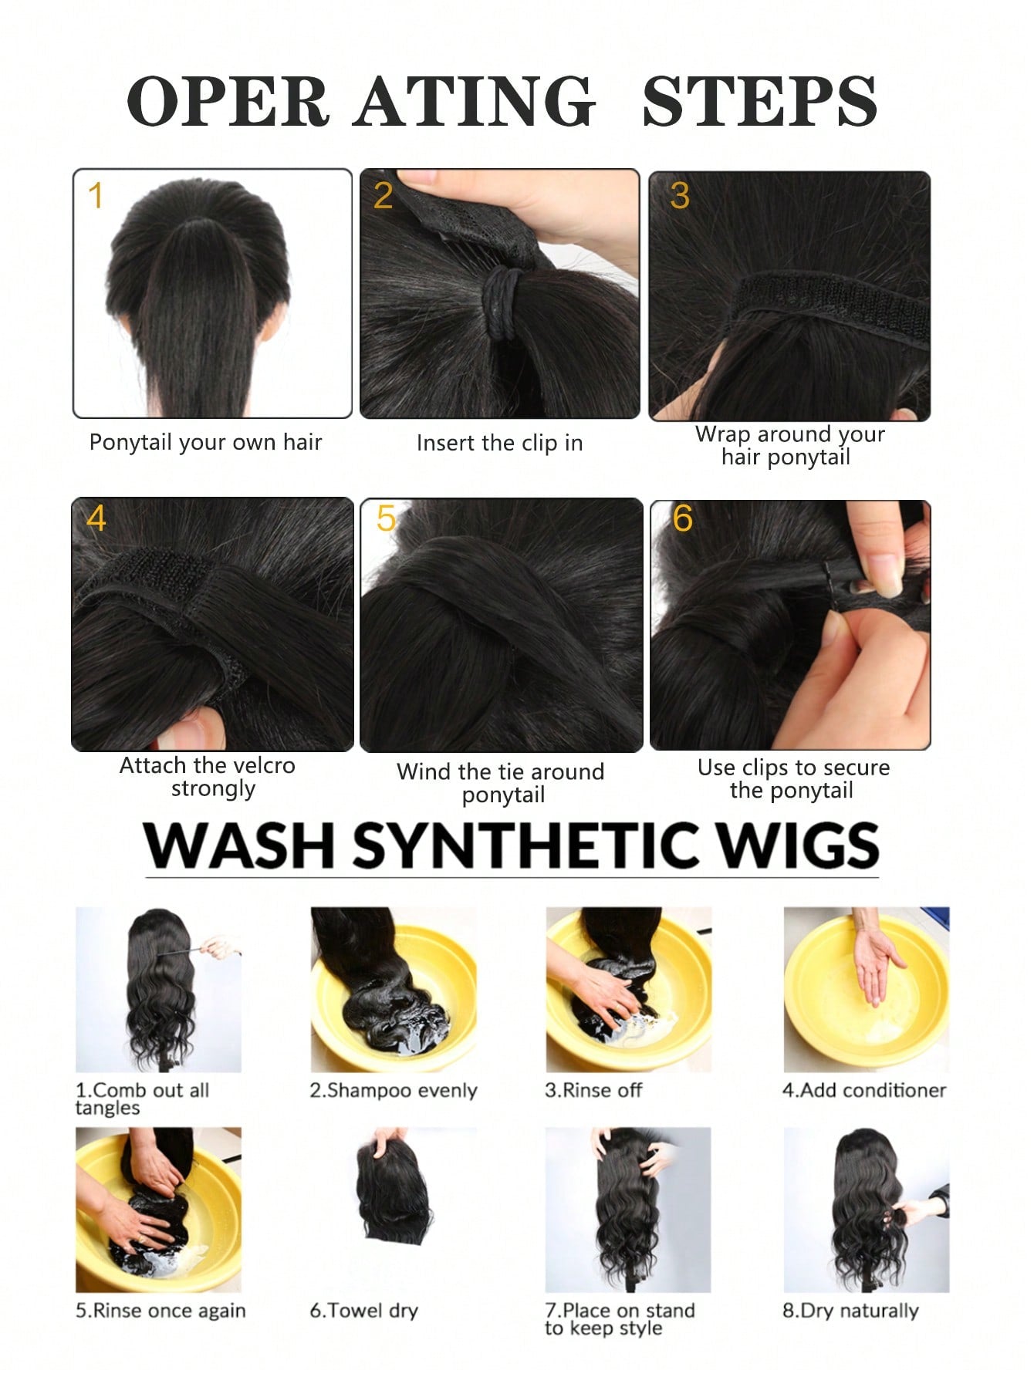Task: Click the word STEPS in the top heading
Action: (760, 101)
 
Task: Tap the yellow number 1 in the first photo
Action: (95, 195)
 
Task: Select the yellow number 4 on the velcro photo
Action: (96, 518)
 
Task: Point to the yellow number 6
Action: (682, 518)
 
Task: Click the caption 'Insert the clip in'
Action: (499, 443)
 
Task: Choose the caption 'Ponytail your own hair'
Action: (205, 442)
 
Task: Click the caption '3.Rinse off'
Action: (593, 1090)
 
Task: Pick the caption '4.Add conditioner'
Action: (864, 1090)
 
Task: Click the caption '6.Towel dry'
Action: (363, 1311)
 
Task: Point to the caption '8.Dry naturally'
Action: (850, 1311)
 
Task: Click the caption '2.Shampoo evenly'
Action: (394, 1091)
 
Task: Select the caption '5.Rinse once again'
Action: (161, 1311)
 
